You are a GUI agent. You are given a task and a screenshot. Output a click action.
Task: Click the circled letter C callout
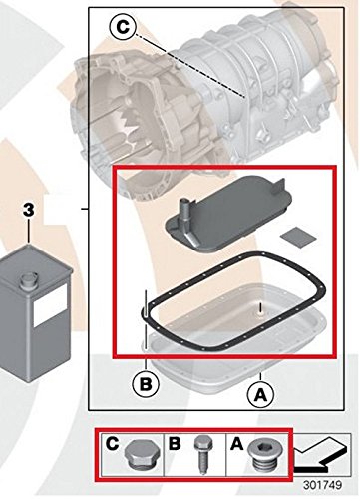(x=123, y=27)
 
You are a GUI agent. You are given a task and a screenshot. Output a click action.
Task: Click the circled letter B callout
(x=146, y=384)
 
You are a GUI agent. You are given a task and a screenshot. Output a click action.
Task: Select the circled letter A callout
(x=261, y=395)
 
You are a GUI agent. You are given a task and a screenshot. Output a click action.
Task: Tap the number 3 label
(x=29, y=210)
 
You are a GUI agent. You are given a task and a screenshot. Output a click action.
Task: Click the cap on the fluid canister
(x=28, y=281)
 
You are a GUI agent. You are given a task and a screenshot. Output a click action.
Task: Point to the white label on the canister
(x=50, y=304)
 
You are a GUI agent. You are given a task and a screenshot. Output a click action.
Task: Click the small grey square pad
(x=298, y=238)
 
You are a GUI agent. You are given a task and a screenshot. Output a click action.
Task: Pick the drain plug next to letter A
(x=266, y=454)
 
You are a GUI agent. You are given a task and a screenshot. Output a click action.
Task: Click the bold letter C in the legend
(x=113, y=443)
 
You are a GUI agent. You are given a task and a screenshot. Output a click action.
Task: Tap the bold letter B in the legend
(x=175, y=443)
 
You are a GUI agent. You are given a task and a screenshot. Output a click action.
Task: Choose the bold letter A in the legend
(x=236, y=443)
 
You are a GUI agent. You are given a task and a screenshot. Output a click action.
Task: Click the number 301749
(x=322, y=485)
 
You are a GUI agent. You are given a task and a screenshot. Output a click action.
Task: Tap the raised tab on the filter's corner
(x=279, y=188)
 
